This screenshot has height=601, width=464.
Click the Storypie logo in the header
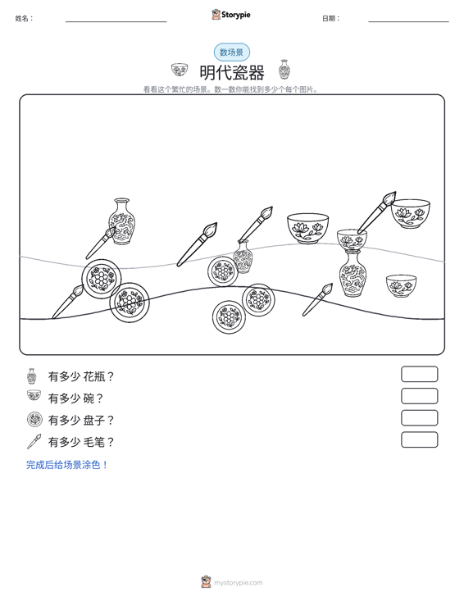(231, 15)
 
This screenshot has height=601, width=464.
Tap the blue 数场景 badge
(232, 52)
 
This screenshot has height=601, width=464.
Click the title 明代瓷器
(232, 72)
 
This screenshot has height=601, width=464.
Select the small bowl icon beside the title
(180, 70)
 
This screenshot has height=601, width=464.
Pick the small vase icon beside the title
(284, 70)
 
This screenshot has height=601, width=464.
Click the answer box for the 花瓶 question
(419, 374)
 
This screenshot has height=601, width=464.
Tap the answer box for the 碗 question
(419, 396)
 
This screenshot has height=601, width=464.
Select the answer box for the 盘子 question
(419, 418)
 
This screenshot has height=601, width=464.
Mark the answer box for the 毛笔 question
(419, 439)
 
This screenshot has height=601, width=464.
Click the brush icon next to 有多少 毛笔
(34, 442)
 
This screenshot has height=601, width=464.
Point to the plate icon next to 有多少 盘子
(34, 420)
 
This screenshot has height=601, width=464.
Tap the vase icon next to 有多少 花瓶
(32, 376)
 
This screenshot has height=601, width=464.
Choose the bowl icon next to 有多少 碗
(34, 395)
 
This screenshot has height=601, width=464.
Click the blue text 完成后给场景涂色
(66, 465)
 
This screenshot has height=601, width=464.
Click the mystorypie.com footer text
(238, 583)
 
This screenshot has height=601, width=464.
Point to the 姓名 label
(24, 18)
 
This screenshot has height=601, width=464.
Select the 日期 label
(331, 18)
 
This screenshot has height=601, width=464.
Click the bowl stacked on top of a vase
(352, 239)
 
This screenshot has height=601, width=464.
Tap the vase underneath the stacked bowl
(353, 274)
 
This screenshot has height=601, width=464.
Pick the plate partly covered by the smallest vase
(222, 271)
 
